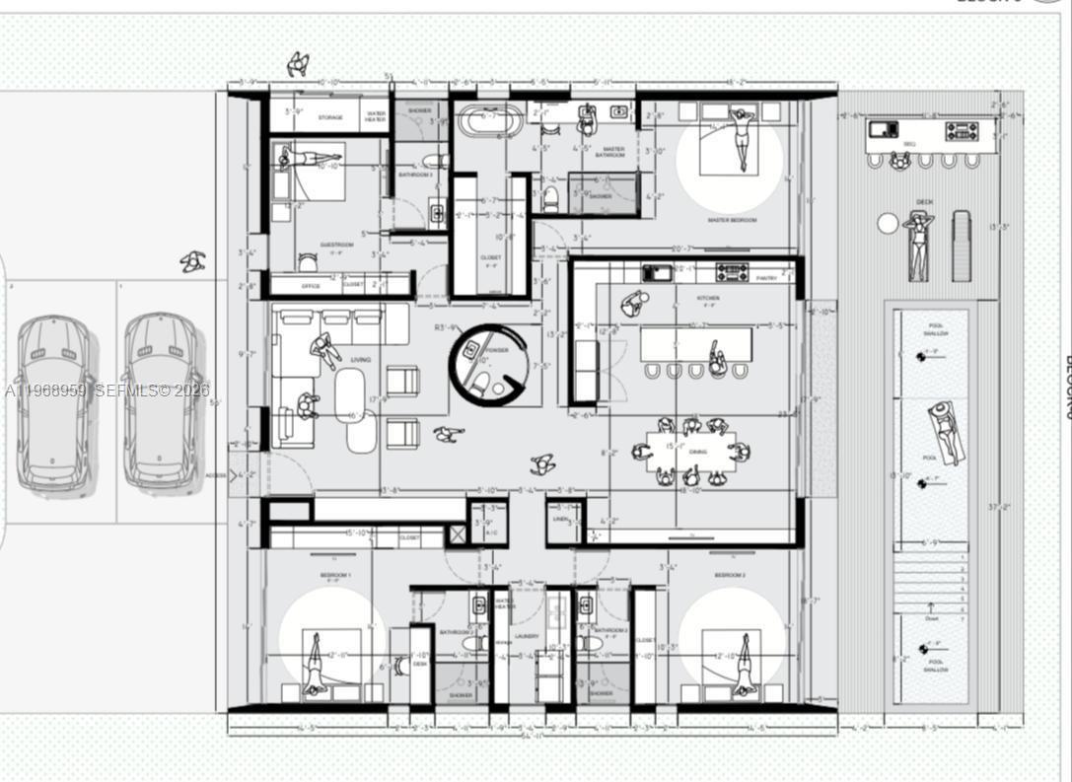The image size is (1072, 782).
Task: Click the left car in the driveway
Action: [x=53, y=402]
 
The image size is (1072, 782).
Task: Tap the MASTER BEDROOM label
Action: [x=732, y=220]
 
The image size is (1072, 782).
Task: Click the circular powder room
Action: [x=489, y=362]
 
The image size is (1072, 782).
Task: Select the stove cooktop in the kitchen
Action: [x=732, y=271]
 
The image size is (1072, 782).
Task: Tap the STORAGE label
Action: [x=329, y=118]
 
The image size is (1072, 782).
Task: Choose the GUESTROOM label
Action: [x=336, y=245]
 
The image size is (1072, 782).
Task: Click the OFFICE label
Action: [x=310, y=286]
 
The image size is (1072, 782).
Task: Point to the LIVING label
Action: [x=360, y=360]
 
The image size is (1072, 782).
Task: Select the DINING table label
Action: [x=697, y=452]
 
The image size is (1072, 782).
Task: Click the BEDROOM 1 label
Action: [x=334, y=574]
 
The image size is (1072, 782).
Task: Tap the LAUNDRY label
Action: [x=527, y=637]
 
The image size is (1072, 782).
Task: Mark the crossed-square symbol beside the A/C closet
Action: [x=457, y=534]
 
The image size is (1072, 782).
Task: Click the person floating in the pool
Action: [x=945, y=431]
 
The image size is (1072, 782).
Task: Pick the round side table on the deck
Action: [x=888, y=224]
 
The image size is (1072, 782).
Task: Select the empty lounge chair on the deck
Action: [x=961, y=246]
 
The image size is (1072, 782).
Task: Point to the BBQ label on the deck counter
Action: [x=908, y=144]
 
